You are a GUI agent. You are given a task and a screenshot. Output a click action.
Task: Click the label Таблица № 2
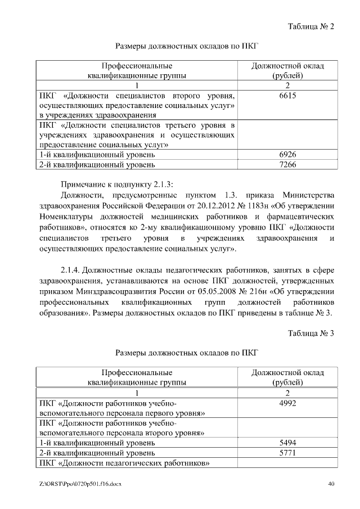tap(311, 26)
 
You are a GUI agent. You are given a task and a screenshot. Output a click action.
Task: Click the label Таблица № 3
tap(311, 333)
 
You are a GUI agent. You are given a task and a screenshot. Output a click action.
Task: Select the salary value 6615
tap(287, 96)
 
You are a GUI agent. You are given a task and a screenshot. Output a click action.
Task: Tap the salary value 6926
tap(287, 154)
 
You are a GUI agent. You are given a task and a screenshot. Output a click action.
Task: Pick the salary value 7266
tap(287, 164)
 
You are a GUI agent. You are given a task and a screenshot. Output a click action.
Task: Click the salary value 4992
tap(287, 403)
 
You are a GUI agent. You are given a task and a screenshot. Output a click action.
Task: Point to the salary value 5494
tap(287, 443)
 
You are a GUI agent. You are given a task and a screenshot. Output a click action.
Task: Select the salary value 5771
tap(287, 453)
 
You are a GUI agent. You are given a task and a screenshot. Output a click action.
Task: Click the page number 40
tap(331, 484)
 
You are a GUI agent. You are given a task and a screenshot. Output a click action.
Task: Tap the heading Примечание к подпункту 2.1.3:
tap(118, 184)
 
